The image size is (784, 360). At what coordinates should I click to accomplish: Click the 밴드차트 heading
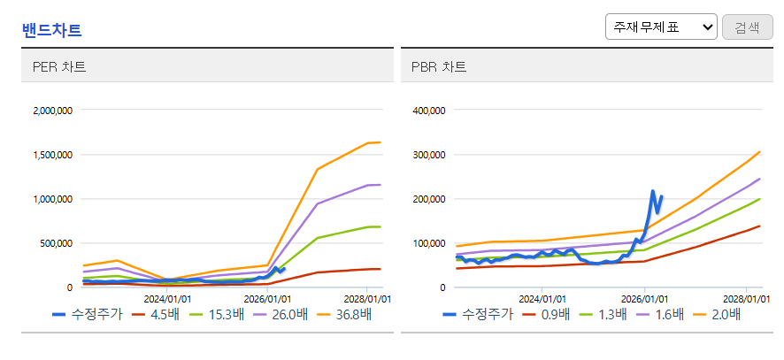click(52, 30)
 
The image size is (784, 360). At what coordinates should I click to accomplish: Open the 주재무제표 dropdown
click(661, 27)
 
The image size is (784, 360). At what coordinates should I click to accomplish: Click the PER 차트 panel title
click(59, 67)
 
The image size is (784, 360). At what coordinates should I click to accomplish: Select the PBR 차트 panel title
click(439, 67)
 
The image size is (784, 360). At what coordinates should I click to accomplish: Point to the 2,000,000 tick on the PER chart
click(52, 110)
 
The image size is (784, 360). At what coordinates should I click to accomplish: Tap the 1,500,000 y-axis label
click(52, 155)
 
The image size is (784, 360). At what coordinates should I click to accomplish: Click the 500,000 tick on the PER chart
click(58, 243)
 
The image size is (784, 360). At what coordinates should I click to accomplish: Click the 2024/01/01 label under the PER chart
click(166, 299)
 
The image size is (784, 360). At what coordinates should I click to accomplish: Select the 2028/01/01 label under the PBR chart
click(747, 299)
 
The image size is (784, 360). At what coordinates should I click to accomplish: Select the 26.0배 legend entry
click(281, 315)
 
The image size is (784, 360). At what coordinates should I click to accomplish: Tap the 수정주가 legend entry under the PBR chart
click(478, 315)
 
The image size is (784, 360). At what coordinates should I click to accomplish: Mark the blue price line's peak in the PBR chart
click(652, 191)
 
